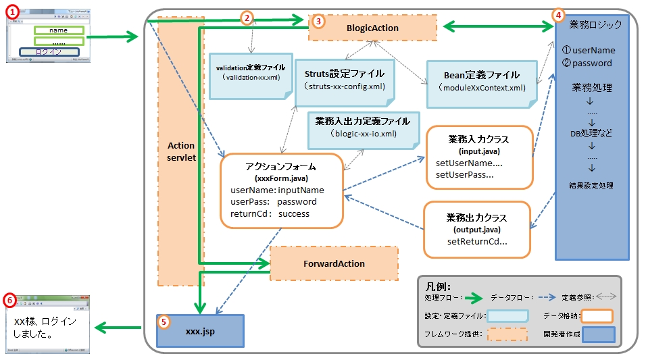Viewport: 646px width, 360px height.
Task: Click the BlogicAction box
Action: coord(372,28)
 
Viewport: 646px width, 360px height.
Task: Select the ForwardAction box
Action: coord(334,264)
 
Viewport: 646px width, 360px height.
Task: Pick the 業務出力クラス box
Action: coord(477,230)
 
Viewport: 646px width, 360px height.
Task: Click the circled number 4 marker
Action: coord(557,14)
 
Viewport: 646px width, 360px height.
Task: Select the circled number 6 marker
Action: coord(9,299)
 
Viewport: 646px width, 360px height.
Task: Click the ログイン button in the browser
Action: coord(49,52)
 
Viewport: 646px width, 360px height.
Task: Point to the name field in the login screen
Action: coord(58,30)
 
